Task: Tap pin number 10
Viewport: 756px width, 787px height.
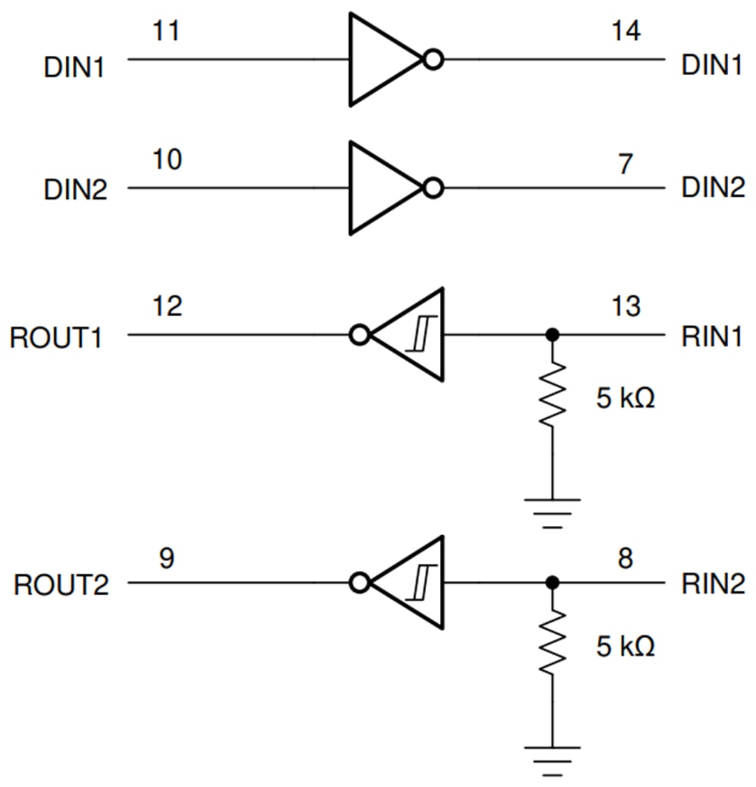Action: coord(167,160)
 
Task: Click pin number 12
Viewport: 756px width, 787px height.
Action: coord(167,306)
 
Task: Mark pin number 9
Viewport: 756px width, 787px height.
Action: coord(166,558)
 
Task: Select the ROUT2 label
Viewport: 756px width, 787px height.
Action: coord(61,585)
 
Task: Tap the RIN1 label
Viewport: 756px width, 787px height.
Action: coord(712,337)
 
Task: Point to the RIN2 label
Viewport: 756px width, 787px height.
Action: coord(712,585)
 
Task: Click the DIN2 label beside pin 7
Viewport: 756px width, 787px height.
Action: coord(712,190)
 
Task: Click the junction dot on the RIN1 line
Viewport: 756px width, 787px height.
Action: coord(551,334)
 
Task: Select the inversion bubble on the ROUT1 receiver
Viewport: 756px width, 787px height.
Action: coord(360,335)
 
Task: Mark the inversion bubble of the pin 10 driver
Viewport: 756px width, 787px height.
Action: coord(433,188)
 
